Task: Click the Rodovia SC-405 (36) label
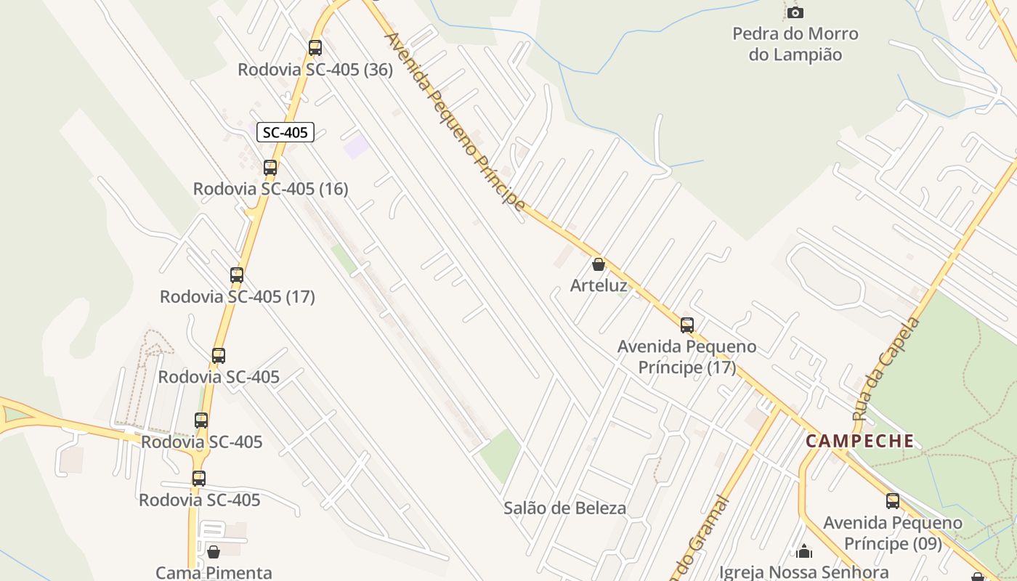click(315, 70)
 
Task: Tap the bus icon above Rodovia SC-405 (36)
click(315, 48)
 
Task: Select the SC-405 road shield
click(286, 132)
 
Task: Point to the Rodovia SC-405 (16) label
click(270, 189)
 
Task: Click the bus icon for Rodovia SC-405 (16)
click(270, 168)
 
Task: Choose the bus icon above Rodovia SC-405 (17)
click(237, 275)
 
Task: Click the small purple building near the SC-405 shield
click(356, 146)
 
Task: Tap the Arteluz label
click(599, 285)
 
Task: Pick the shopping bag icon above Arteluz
click(598, 264)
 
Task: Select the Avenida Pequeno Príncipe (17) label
click(686, 357)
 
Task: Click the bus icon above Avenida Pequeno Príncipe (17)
click(686, 325)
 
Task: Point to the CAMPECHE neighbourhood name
click(860, 441)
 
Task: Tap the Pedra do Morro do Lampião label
click(795, 44)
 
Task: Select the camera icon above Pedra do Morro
click(795, 12)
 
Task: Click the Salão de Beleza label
click(564, 508)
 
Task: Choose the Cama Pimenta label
click(214, 572)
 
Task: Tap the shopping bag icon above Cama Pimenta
click(214, 552)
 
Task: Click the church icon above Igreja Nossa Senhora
click(804, 552)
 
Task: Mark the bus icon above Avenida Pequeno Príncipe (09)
click(892, 501)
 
